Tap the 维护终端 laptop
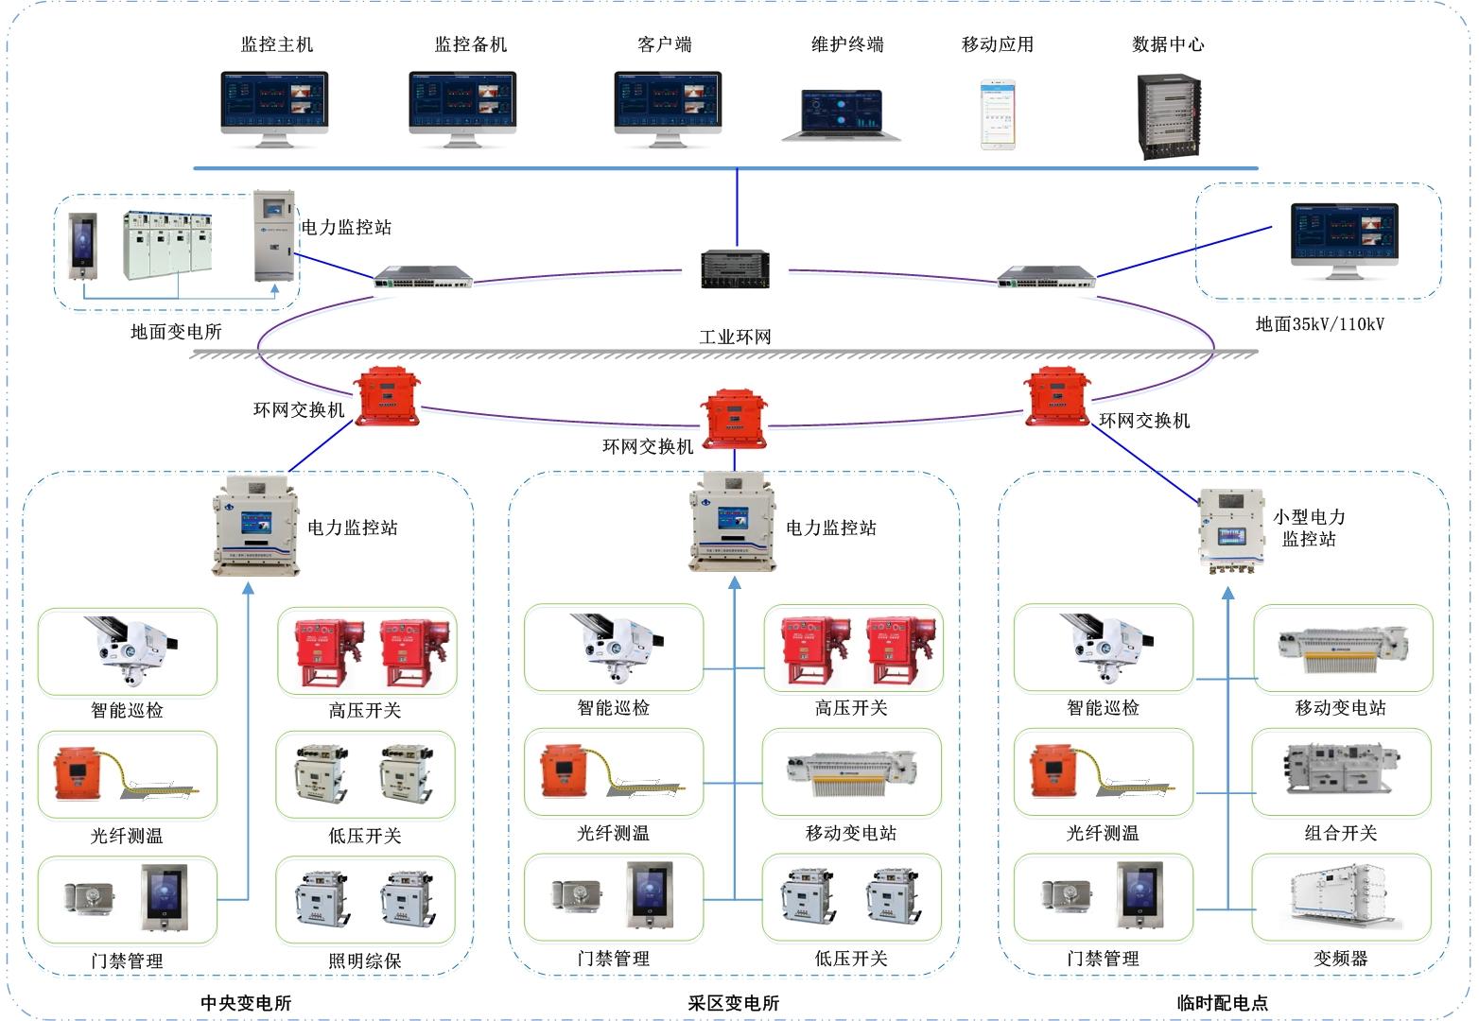[842, 114]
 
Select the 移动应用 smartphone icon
[998, 115]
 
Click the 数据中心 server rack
[1169, 115]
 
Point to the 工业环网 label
[735, 337]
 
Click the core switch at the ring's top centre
[735, 268]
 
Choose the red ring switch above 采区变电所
[734, 417]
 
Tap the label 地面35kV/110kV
[1319, 324]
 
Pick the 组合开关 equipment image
[1341, 770]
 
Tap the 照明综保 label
[365, 960]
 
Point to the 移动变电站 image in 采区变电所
[851, 771]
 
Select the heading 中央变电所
[246, 1003]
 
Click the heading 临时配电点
[1222, 1003]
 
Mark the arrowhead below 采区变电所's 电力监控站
[735, 585]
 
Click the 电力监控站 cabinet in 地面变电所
[273, 236]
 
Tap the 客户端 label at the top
[665, 44]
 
